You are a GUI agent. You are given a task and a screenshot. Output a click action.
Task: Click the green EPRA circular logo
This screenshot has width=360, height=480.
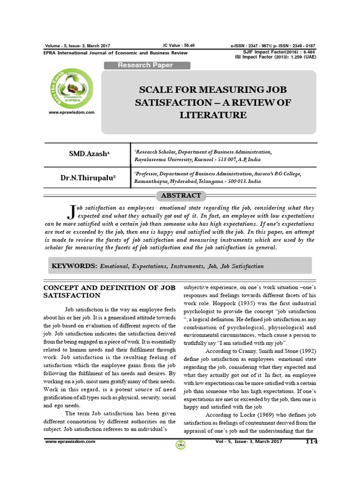click(x=71, y=87)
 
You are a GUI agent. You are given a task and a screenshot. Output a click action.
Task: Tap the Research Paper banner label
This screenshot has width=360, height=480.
click(x=145, y=65)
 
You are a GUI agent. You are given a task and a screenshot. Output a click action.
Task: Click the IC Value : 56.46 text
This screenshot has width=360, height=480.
click(x=179, y=45)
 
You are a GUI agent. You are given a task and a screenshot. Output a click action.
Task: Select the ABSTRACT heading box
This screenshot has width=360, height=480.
click(x=180, y=195)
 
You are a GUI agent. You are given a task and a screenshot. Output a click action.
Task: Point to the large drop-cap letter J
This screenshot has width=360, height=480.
click(x=72, y=211)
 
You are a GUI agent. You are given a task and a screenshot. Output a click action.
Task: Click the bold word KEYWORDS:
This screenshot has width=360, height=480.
click(x=74, y=266)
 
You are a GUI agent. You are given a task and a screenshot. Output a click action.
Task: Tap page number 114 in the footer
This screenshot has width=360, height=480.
click(x=311, y=442)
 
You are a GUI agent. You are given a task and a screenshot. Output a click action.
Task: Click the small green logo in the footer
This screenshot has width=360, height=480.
click(x=180, y=445)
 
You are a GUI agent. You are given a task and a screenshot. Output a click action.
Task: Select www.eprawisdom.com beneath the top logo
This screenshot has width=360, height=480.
click(x=72, y=112)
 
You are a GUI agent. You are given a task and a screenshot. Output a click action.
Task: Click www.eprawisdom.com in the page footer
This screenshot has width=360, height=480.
click(x=70, y=442)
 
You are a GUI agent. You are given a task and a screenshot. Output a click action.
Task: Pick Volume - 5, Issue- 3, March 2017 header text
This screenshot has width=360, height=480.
click(x=77, y=45)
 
